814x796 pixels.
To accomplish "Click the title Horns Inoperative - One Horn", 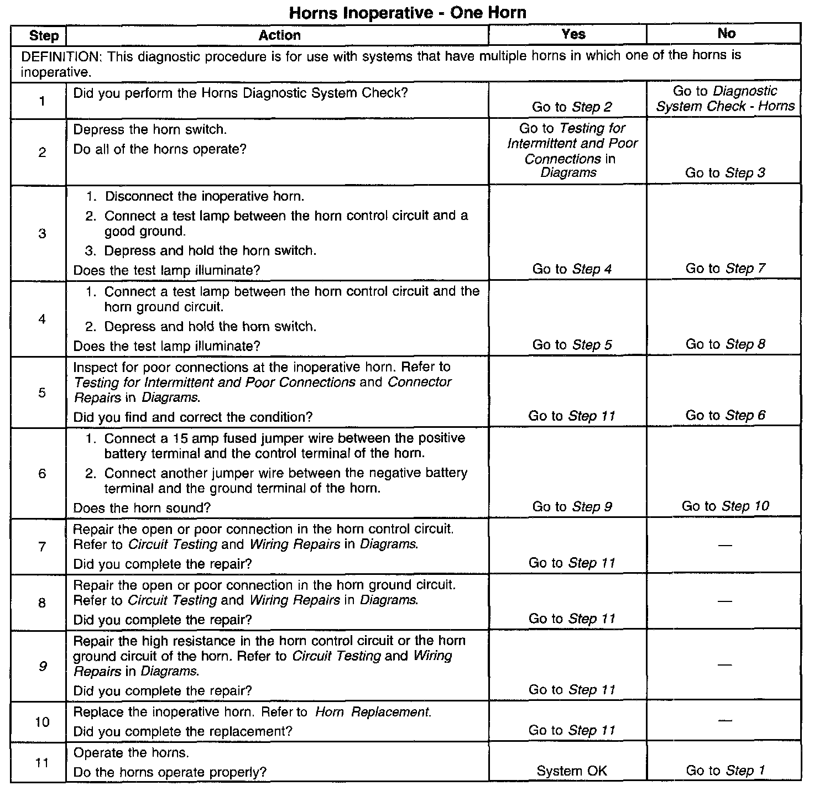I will [408, 12].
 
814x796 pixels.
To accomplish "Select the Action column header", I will [279, 35].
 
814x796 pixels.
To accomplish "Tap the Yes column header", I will [573, 34].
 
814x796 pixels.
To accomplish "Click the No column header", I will [726, 34].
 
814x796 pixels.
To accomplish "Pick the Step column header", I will [44, 36].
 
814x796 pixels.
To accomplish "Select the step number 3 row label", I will [43, 233].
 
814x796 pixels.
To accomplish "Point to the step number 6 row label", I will [43, 474].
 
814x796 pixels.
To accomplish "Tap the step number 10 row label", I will [43, 722].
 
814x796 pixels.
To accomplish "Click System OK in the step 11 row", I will [572, 771].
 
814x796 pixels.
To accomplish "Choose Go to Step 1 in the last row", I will [726, 771].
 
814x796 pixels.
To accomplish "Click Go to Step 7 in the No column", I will [726, 269].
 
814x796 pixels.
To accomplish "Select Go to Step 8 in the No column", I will [726, 344].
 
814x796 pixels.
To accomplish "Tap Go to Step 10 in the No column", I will [726, 506].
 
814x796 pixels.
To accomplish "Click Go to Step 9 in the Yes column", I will [572, 507].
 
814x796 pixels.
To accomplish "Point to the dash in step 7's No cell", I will [726, 546].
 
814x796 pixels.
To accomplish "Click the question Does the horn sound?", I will [142, 508].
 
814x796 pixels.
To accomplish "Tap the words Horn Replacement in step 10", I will [373, 712].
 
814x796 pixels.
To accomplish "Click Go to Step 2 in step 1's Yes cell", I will [572, 107].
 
